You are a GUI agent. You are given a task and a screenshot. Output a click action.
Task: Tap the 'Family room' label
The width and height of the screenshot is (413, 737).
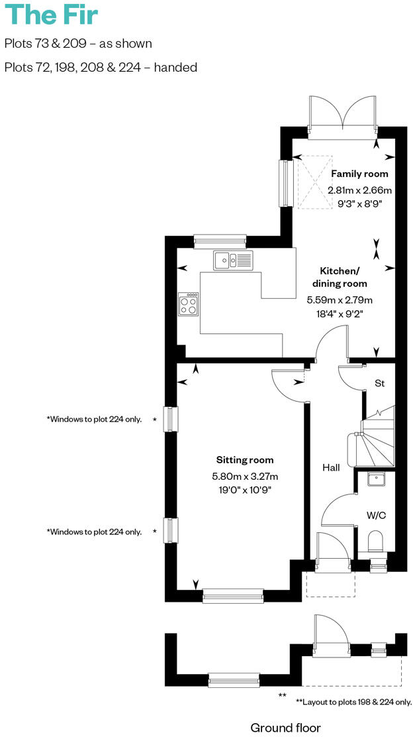click(x=359, y=174)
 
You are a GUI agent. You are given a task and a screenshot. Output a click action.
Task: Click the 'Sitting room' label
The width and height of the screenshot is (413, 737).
click(x=245, y=459)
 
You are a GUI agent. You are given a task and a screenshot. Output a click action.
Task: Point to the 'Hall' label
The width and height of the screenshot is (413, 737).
click(x=331, y=468)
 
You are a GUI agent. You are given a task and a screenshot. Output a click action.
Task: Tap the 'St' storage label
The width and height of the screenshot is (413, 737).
click(x=380, y=383)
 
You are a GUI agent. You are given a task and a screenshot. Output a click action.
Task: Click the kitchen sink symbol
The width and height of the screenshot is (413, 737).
click(x=232, y=260)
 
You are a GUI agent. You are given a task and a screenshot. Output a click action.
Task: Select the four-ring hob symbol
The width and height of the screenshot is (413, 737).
click(x=189, y=305)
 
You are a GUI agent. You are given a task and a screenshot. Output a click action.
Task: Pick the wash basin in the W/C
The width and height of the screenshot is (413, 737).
click(x=375, y=478)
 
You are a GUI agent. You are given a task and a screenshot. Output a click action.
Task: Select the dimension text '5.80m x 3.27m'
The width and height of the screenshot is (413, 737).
click(x=245, y=476)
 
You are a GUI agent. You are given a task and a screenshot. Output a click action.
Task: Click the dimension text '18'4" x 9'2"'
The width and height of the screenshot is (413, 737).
click(x=340, y=314)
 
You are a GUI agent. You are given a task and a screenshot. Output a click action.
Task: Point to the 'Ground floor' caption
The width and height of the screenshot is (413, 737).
click(x=285, y=728)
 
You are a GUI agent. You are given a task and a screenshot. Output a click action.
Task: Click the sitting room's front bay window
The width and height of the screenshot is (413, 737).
click(x=232, y=596)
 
